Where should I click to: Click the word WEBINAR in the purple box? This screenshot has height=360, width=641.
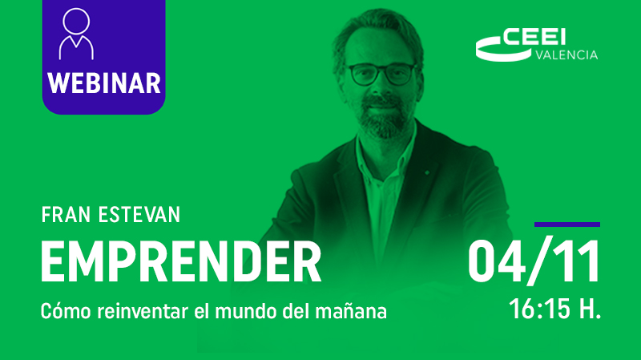point(104,83)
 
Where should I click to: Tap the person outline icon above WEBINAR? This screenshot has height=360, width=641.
point(76,34)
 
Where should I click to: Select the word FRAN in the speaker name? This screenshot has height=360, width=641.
point(66,215)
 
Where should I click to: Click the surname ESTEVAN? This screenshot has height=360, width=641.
point(139,215)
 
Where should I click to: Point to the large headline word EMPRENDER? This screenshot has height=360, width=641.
point(181,262)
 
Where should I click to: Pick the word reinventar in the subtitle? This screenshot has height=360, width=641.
point(143,311)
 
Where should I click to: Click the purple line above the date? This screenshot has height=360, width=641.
point(567,224)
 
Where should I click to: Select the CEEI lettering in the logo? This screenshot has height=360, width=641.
point(534,37)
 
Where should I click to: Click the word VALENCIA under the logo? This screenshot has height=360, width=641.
point(566,55)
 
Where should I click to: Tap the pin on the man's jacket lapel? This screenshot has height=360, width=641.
point(427,173)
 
